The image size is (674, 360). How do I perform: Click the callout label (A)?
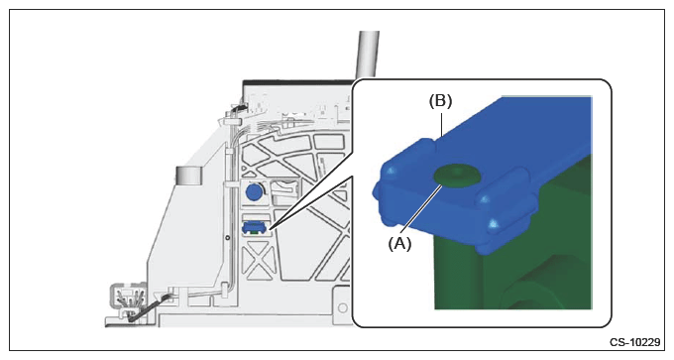(399, 244)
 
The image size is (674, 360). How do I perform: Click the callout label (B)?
(441, 100)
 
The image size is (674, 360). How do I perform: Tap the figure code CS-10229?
(635, 342)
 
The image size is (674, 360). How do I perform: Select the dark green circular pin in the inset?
(457, 178)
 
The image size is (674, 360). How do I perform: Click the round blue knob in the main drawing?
(254, 191)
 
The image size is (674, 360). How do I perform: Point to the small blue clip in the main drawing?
(255, 227)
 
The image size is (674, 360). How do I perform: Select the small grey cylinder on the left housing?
(188, 176)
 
